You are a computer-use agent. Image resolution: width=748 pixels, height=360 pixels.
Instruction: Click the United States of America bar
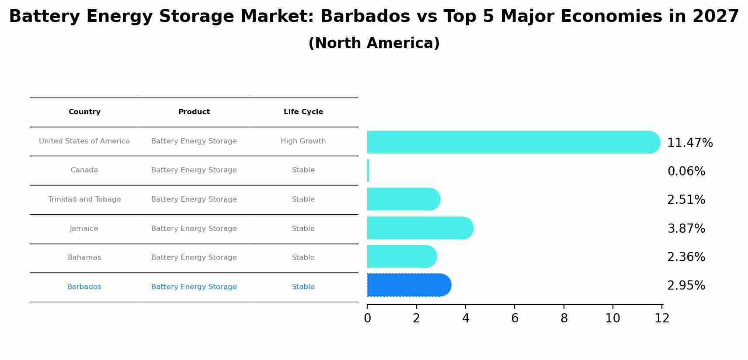[x=511, y=142]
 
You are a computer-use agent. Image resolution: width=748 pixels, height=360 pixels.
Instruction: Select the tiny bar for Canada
[x=368, y=171]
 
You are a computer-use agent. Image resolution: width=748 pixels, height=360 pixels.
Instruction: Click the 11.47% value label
[x=690, y=143]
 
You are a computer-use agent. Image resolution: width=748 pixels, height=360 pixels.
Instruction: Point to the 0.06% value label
[x=686, y=171]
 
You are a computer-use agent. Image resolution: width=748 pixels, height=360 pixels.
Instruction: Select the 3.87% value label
[x=686, y=229]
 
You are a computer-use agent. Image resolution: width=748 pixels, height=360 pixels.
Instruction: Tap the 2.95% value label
[x=686, y=286]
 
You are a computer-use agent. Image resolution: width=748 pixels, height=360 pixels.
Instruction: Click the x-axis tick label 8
[x=564, y=318]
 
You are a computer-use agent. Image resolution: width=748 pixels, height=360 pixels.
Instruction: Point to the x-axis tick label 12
[x=662, y=318]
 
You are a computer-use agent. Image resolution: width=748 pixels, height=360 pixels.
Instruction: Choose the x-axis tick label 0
[x=367, y=318]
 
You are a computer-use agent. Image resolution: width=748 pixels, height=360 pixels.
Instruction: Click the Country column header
[x=84, y=112]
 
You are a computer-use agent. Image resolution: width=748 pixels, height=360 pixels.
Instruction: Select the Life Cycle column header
[x=303, y=112]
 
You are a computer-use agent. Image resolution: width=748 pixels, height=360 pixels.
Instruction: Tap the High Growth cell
[x=303, y=141]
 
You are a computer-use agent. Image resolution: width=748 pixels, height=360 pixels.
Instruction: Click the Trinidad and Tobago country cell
[x=84, y=199]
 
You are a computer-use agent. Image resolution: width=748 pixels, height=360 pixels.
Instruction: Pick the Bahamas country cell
[x=84, y=258]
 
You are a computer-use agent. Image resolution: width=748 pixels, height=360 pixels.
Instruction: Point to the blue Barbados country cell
[x=84, y=287]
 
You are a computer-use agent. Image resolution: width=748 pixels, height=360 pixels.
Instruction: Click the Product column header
[x=194, y=112]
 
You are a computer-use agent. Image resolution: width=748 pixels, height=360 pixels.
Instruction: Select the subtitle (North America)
[x=374, y=43]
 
